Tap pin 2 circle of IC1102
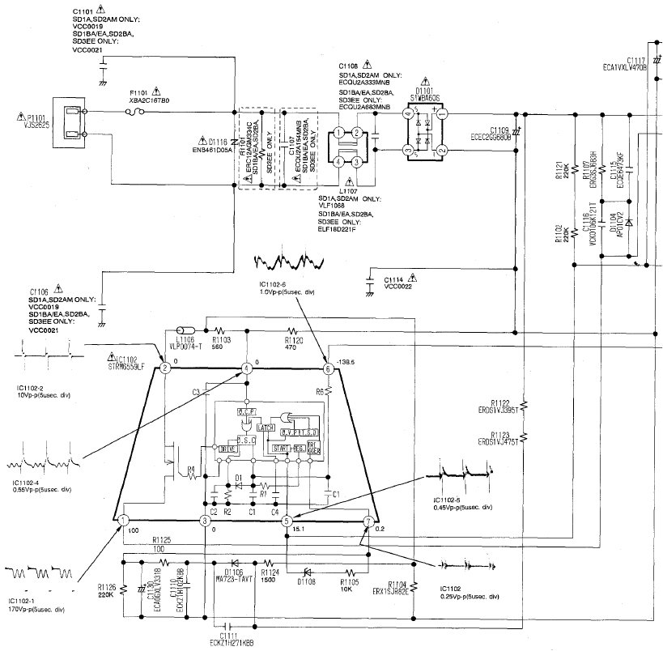point(165,368)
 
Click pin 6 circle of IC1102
point(328,368)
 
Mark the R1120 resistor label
point(294,339)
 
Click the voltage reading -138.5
point(349,365)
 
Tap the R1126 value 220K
point(105,594)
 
